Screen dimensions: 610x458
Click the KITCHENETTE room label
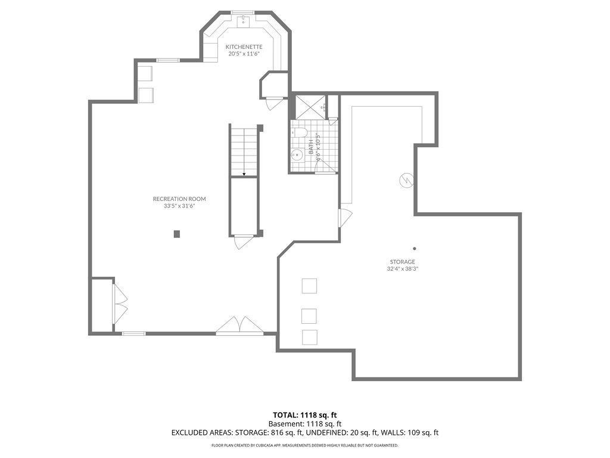tap(244, 47)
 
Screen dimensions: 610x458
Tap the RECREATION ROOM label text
tap(179, 199)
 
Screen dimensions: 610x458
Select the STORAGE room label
tap(402, 262)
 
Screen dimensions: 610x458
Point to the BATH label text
tap(311, 147)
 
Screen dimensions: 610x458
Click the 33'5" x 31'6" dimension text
tap(179, 206)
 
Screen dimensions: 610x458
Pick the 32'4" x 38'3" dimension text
tap(402, 269)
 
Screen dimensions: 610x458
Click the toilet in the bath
tap(300, 132)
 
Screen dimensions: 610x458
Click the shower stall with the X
tap(311, 106)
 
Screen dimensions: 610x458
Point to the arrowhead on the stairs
tap(244, 174)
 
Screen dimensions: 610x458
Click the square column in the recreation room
tap(177, 234)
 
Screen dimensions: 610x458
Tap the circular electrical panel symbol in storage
tap(406, 180)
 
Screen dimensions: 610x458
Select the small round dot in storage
tap(415, 249)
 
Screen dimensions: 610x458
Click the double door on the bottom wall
tap(239, 326)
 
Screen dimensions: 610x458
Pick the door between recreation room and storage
tap(345, 218)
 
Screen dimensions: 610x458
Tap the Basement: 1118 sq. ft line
tap(305, 424)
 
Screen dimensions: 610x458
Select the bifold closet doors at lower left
tap(120, 304)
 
